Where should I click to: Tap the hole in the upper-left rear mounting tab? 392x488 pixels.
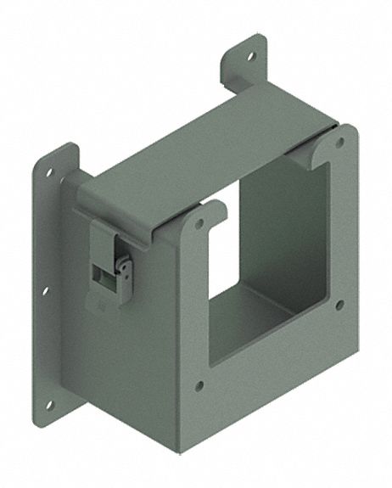pos(49,172)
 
